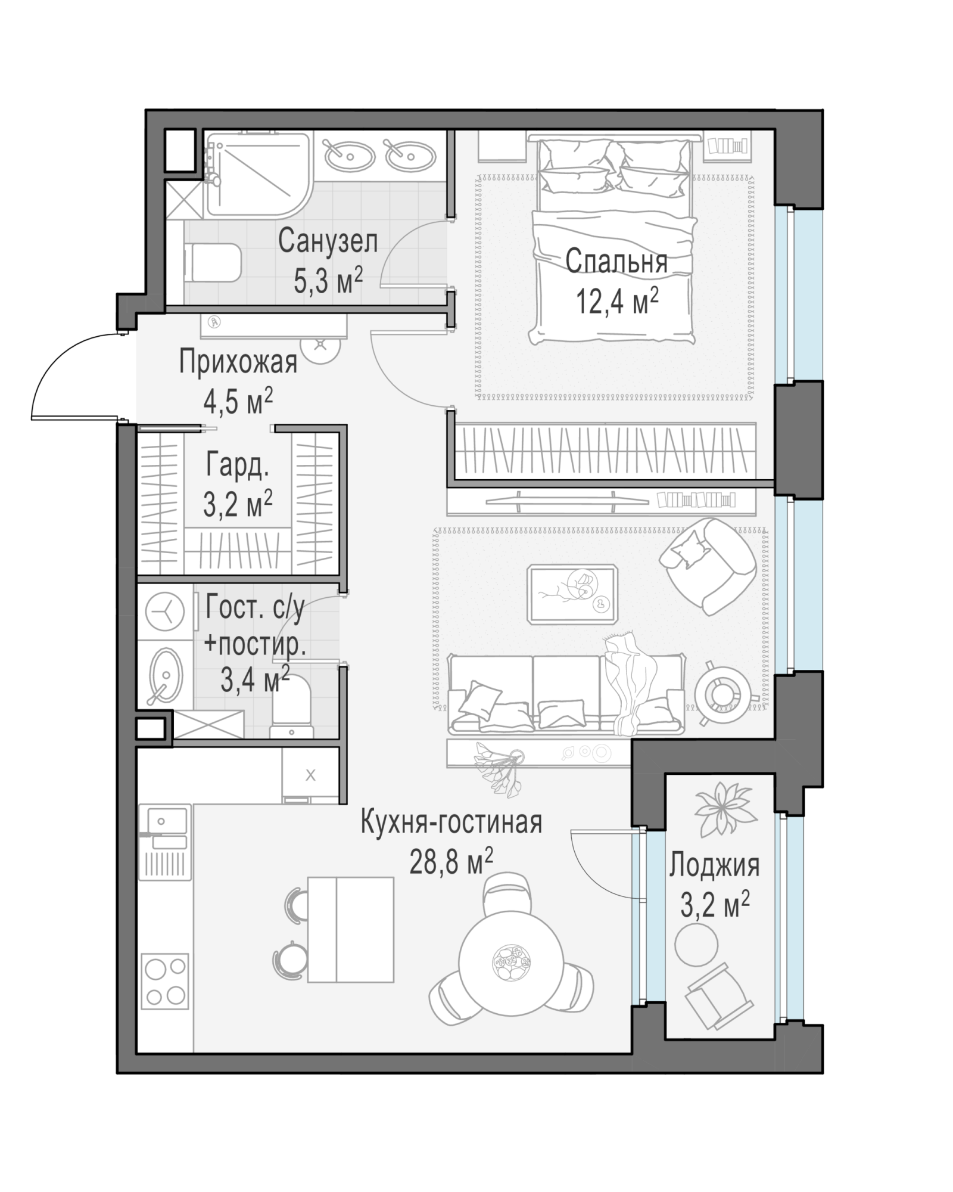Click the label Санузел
(x=328, y=242)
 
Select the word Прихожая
(x=238, y=362)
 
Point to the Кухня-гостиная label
(x=451, y=822)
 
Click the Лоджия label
(x=714, y=866)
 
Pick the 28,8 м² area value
(x=451, y=862)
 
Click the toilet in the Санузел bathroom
(x=213, y=263)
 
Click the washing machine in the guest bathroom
(x=165, y=612)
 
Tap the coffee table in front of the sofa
(x=572, y=595)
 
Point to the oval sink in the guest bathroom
(x=165, y=677)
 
